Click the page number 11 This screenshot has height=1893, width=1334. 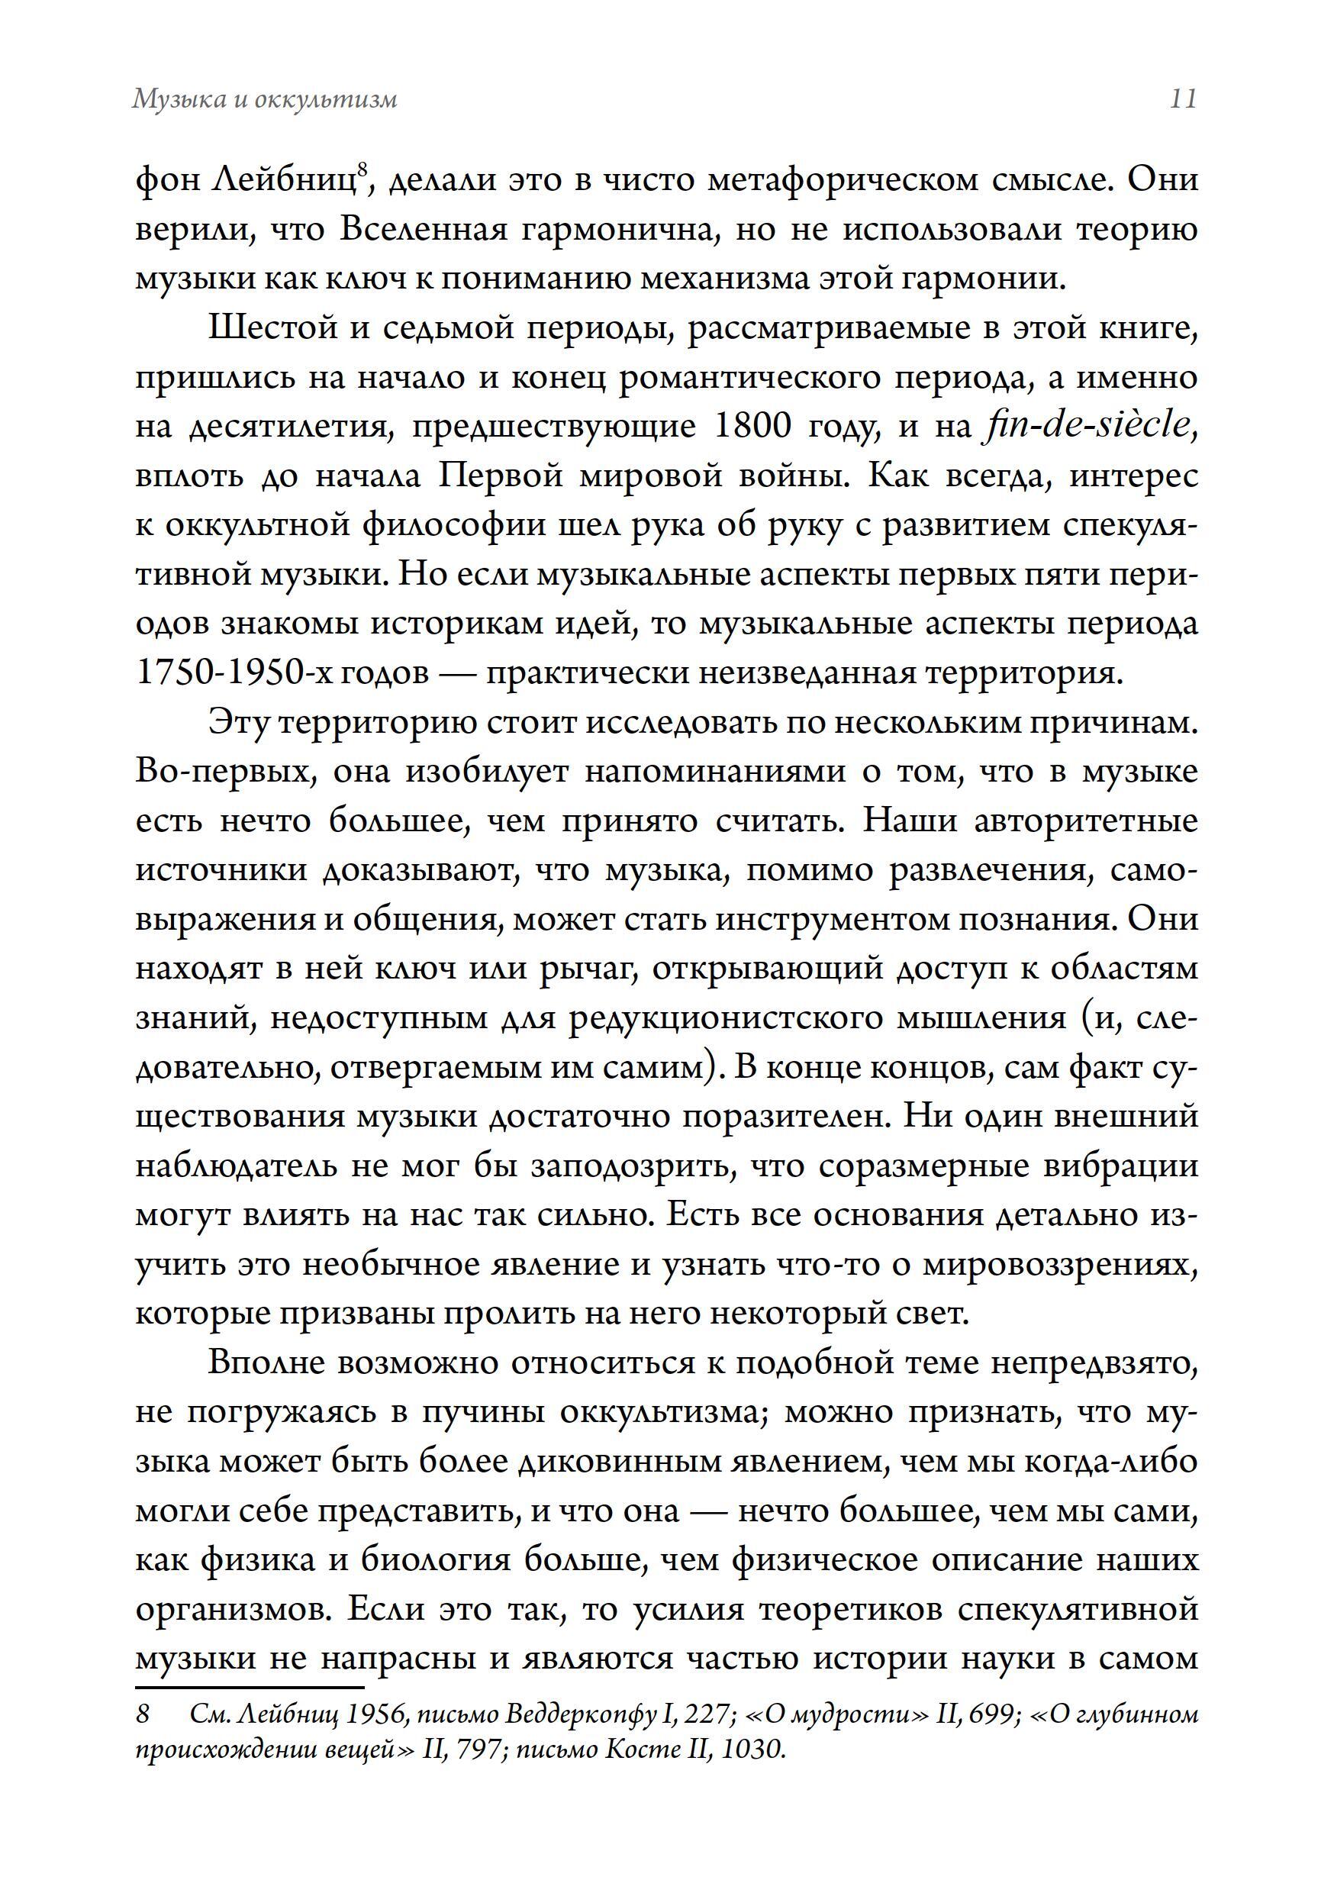1182,99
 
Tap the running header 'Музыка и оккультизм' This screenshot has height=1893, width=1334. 265,99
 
